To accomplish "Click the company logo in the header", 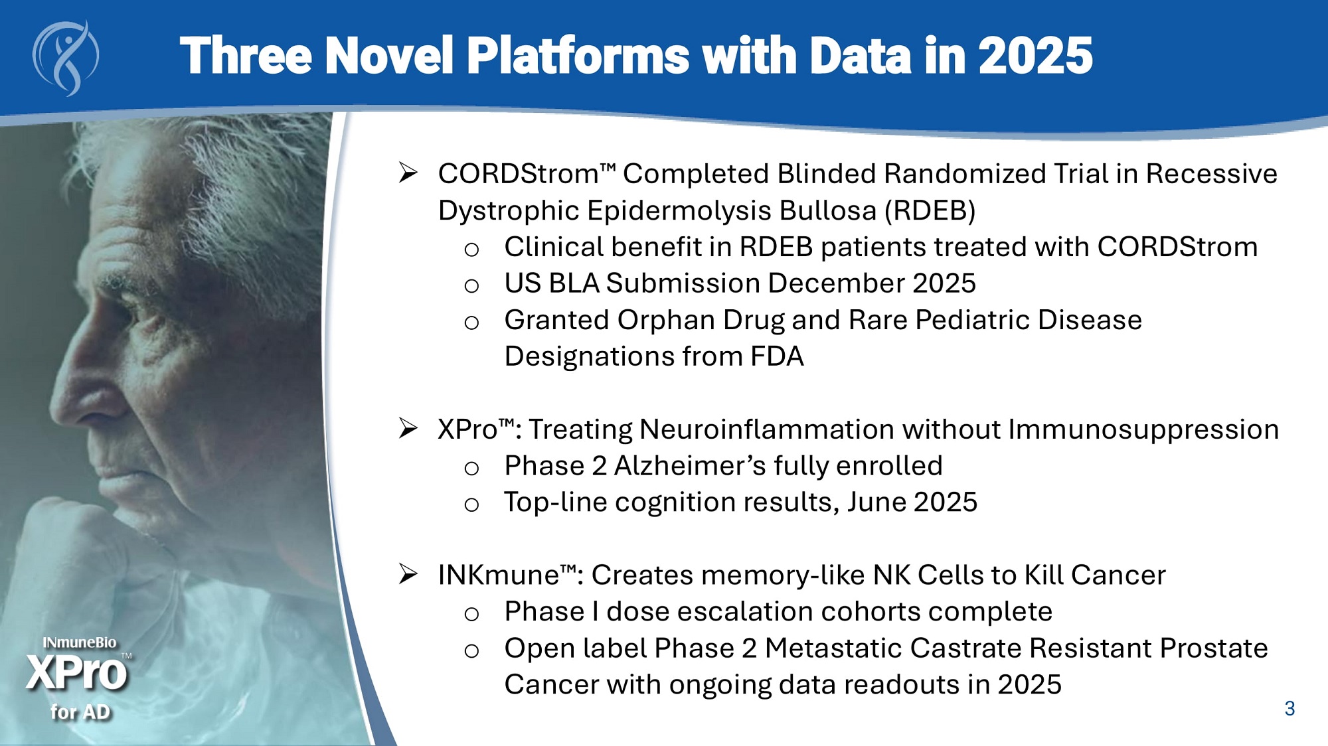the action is point(66,58).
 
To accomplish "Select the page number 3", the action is point(1289,709).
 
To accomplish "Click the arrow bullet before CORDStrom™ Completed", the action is point(408,173).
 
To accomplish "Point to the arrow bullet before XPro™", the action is point(408,428).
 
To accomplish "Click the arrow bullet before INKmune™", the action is point(408,573).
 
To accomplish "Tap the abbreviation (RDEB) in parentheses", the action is point(930,210).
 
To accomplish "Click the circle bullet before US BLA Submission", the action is point(471,286).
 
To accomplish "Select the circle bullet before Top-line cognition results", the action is point(471,505).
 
